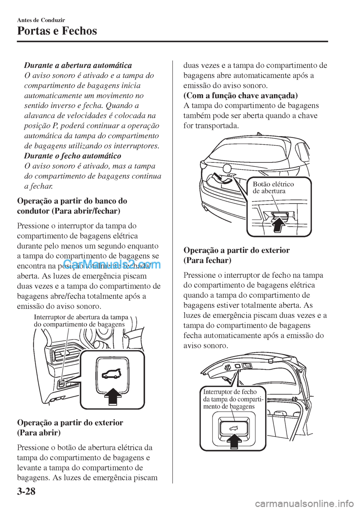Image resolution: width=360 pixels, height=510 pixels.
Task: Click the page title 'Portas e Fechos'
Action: (x=57, y=31)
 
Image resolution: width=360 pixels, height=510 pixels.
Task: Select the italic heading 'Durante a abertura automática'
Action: (x=78, y=65)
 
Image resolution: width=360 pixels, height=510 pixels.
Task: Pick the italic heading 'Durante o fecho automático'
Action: (x=72, y=156)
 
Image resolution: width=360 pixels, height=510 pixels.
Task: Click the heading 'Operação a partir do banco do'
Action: (x=72, y=201)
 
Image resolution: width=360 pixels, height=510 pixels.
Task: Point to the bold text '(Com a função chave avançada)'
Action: (x=240, y=95)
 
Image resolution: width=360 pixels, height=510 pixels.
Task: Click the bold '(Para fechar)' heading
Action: (x=207, y=260)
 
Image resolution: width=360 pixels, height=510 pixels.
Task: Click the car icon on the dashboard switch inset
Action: (x=112, y=373)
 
